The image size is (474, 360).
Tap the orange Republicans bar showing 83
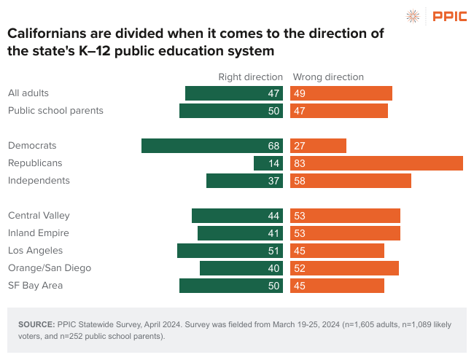click(376, 163)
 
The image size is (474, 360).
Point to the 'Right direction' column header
click(250, 77)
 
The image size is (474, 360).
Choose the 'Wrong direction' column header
click(327, 77)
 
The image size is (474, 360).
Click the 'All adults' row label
click(28, 93)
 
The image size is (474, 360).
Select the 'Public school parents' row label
click(55, 111)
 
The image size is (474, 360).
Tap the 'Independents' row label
click(39, 181)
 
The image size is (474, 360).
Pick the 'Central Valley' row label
click(38, 216)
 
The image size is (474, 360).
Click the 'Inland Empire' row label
click(38, 233)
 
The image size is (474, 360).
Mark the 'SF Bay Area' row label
click(35, 286)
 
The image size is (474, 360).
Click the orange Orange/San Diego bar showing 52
click(344, 268)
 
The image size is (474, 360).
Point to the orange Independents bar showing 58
click(351, 181)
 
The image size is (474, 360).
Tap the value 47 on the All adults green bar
click(274, 93)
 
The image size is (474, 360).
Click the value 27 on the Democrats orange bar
click(300, 146)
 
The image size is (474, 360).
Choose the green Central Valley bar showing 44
click(237, 216)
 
